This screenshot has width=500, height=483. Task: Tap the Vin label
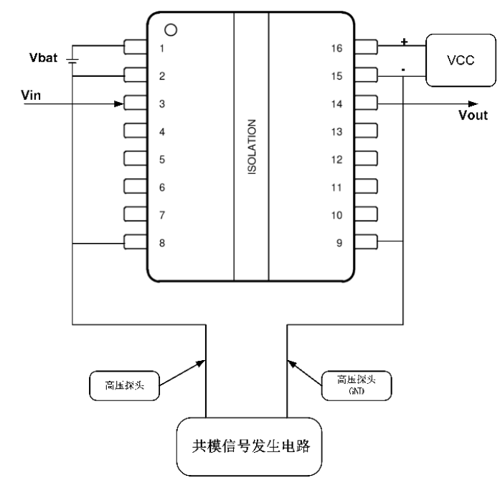[x=32, y=95]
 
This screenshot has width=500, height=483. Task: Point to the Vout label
[x=473, y=115]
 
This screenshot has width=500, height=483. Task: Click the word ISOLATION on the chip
[x=252, y=154]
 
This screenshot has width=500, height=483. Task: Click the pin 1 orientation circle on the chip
[x=170, y=30]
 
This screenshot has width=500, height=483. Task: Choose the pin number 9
[x=338, y=243]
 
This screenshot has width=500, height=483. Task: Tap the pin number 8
[x=162, y=243]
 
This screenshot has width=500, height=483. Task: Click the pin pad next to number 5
[x=136, y=159]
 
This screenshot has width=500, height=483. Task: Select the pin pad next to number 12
[x=366, y=159]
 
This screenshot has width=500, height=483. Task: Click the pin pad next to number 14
[x=366, y=103]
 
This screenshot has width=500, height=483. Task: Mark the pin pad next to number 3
[x=136, y=103]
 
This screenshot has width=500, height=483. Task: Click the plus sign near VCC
[x=403, y=42]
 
